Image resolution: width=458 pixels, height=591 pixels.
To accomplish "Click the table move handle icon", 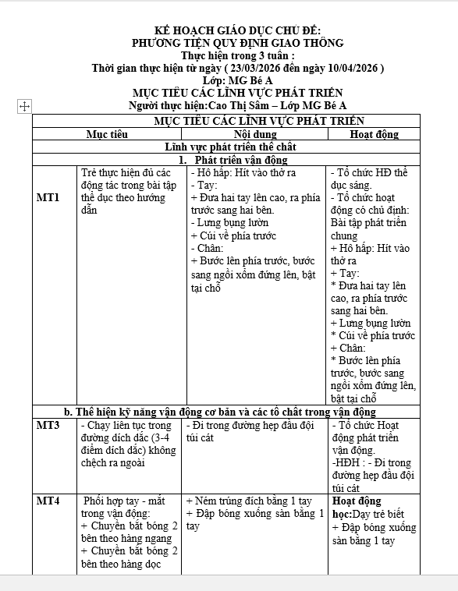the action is tap(24, 105).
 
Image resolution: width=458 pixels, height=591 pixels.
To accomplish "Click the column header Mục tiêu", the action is tap(107, 134).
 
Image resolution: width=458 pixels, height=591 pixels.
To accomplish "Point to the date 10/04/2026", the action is tap(350, 68).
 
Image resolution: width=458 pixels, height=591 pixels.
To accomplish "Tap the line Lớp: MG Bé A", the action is tap(237, 80).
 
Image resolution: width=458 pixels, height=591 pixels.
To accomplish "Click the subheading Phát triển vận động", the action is tap(238, 159).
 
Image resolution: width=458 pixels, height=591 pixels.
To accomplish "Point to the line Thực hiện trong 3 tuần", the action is tap(237, 55).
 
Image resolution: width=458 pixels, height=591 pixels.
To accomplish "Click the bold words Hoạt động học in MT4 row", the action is tap(357, 508).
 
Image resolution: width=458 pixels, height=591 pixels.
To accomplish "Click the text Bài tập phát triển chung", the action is tap(368, 229).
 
